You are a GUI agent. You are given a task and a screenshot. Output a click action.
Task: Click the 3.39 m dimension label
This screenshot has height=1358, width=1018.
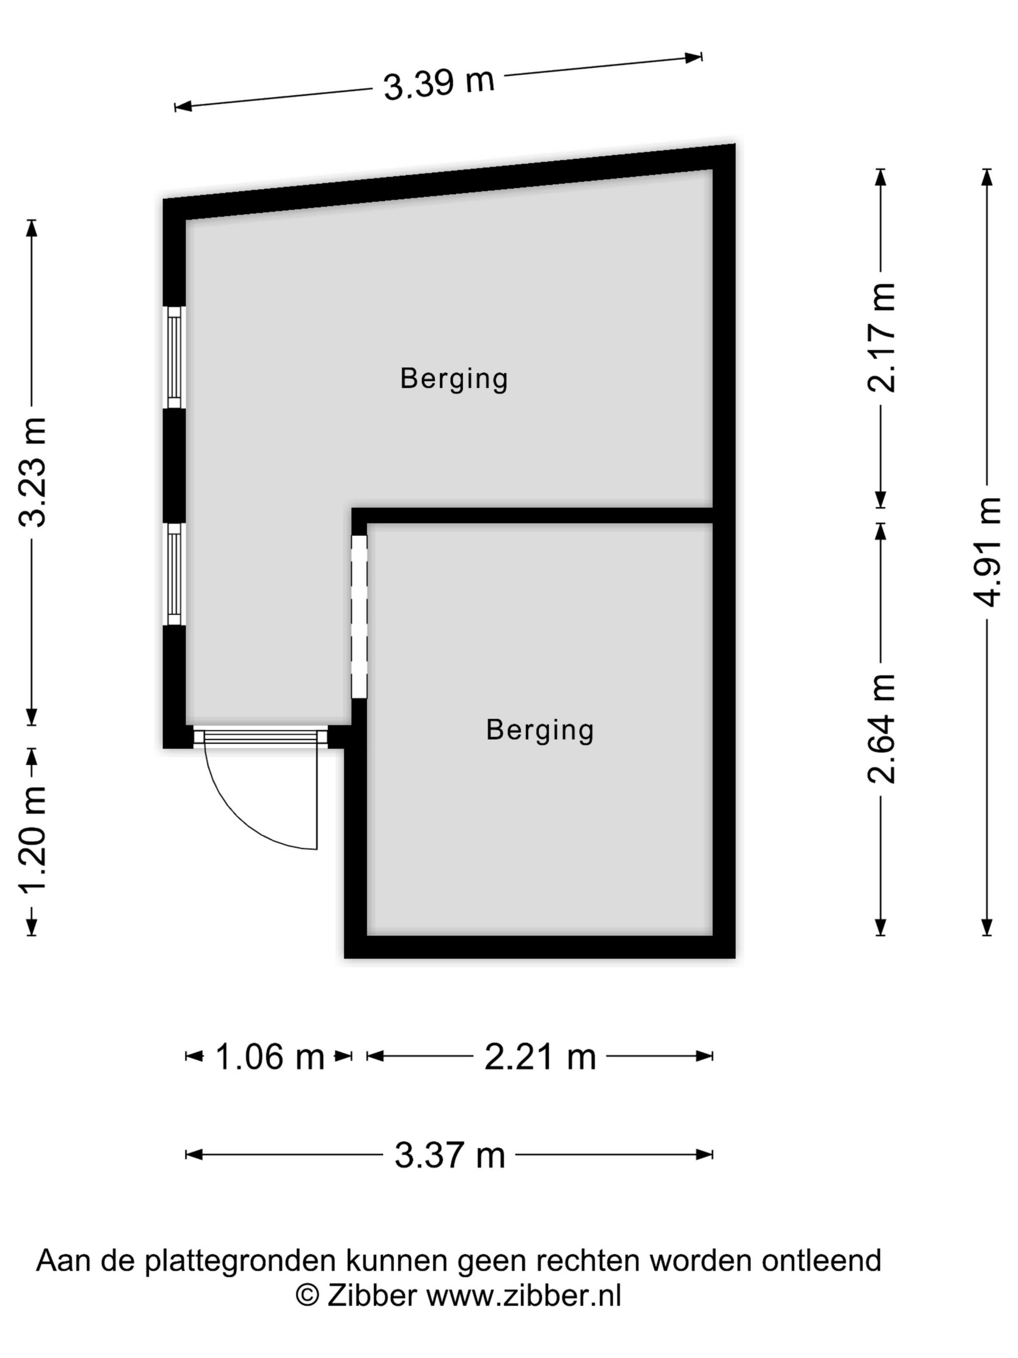pyautogui.click(x=439, y=83)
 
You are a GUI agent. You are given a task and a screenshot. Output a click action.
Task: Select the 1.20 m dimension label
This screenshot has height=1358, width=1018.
pyautogui.click(x=32, y=841)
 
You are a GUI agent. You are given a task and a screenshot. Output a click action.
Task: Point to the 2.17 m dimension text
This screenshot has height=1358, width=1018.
pyautogui.click(x=881, y=338)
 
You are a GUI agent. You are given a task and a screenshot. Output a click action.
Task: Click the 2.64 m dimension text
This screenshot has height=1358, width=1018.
pyautogui.click(x=881, y=729)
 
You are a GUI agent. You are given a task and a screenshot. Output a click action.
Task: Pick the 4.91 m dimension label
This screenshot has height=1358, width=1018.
pyautogui.click(x=987, y=551)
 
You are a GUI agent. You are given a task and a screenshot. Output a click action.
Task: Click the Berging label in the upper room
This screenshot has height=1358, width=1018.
pyautogui.click(x=454, y=379)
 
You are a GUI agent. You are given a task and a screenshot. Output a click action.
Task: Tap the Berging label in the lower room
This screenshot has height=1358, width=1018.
pyautogui.click(x=540, y=730)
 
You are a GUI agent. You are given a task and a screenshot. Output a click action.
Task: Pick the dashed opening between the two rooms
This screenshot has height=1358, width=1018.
pyautogui.click(x=359, y=616)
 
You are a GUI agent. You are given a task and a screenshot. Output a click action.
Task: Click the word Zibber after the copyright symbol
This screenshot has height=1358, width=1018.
pyautogui.click(x=372, y=1295)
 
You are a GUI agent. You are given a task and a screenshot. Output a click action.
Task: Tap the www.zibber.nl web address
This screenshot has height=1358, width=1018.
pyautogui.click(x=524, y=1295)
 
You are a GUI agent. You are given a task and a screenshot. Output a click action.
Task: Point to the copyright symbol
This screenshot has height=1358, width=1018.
pyautogui.click(x=307, y=1296)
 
